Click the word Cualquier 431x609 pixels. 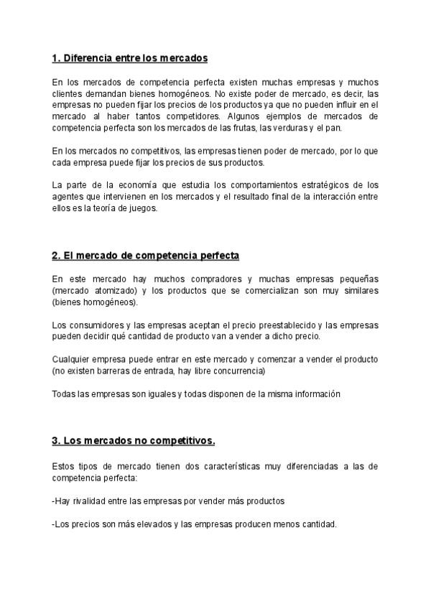[x=72, y=360]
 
